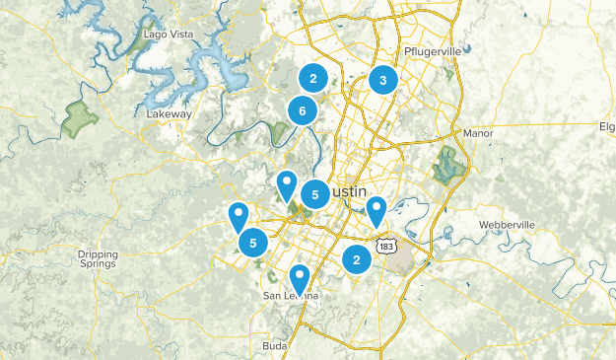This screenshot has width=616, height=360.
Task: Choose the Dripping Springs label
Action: [98, 258]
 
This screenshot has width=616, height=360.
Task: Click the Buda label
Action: [274, 345]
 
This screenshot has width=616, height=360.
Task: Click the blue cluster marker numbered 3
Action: [383, 80]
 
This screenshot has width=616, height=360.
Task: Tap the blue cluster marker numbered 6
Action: [302, 111]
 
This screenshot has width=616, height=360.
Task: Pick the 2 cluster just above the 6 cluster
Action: [312, 79]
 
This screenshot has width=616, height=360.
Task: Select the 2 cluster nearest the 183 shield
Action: [356, 258]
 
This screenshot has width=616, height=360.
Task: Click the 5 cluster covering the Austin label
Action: [314, 194]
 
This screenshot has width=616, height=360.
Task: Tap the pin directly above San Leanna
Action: [300, 278]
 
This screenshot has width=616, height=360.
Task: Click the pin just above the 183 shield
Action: [376, 209]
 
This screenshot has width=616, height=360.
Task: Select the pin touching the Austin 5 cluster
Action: [287, 183]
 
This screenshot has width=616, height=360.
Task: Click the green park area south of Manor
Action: [450, 164]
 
